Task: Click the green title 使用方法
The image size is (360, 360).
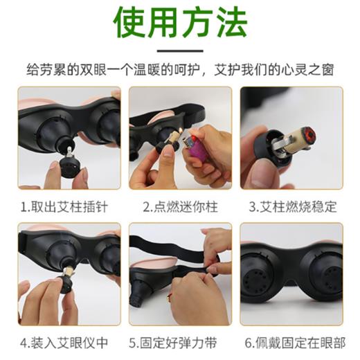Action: [180, 22]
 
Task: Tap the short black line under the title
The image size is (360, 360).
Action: [180, 51]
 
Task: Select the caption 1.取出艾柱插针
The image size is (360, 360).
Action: [64, 206]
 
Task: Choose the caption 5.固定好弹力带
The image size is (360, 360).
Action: [180, 342]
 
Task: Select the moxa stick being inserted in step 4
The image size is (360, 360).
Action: [69, 267]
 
